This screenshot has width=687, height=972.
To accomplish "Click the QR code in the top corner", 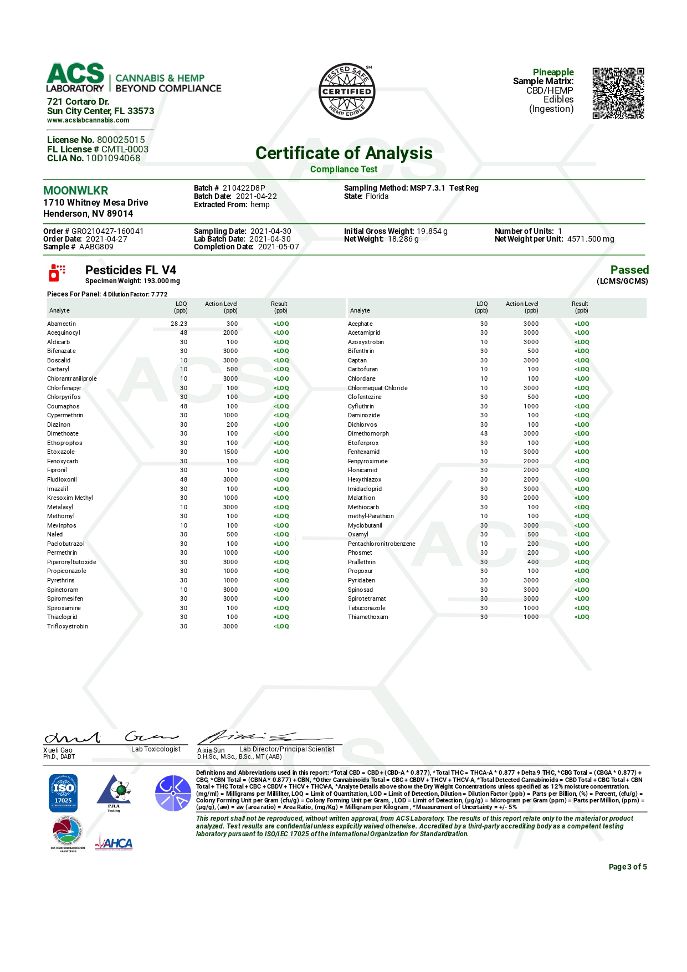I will (618, 93).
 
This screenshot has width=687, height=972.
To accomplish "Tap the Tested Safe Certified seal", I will (347, 91).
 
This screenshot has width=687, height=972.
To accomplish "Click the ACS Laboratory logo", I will (76, 78).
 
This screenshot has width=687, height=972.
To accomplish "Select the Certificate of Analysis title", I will (343, 153).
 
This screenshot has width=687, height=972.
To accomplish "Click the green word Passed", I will (629, 270).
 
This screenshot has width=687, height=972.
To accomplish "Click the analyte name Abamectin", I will (61, 324).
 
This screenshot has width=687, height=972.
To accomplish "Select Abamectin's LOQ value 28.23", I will (179, 324).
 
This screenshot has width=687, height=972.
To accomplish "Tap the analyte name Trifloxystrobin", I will (68, 626).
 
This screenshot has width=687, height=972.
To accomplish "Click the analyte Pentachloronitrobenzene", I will (381, 544).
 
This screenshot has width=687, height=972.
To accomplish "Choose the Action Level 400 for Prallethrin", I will (532, 562).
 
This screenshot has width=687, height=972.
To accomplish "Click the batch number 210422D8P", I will (244, 188).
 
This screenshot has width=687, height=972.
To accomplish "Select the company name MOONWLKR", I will (76, 191).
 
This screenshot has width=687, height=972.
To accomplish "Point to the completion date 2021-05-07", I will (278, 247).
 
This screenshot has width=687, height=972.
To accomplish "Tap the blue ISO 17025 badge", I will (63, 793).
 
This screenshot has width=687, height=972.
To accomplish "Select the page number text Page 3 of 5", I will (627, 867).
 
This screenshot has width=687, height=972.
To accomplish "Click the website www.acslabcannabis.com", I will (88, 120).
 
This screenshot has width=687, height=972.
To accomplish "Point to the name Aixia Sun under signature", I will (211, 750).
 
